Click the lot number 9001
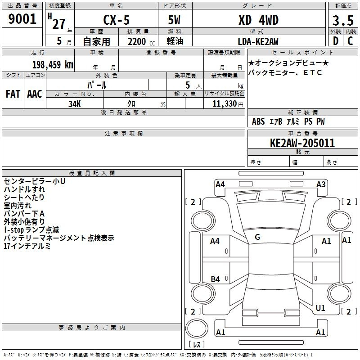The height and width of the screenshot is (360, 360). click(x=22, y=19)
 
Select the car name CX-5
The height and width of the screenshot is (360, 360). click(x=116, y=20)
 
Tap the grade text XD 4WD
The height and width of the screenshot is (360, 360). click(x=258, y=20)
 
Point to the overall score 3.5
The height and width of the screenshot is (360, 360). click(x=343, y=20)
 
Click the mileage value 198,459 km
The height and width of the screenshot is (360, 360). click(x=53, y=65)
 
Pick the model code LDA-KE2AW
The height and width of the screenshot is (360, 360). click(x=258, y=41)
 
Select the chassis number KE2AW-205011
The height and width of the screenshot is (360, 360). click(x=302, y=143)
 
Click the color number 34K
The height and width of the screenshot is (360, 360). click(x=75, y=104)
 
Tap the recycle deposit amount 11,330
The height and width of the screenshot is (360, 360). click(x=225, y=103)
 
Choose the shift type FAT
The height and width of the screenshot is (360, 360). click(x=13, y=94)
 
